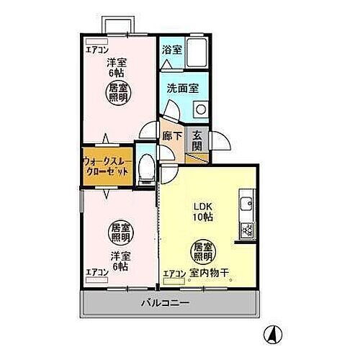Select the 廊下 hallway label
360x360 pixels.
coord(171,135)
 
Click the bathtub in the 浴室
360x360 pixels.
coord(195,52)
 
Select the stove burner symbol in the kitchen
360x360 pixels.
coord(246,230)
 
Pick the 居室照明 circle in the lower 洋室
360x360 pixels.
coord(119,233)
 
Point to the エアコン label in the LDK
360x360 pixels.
coord(174,273)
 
